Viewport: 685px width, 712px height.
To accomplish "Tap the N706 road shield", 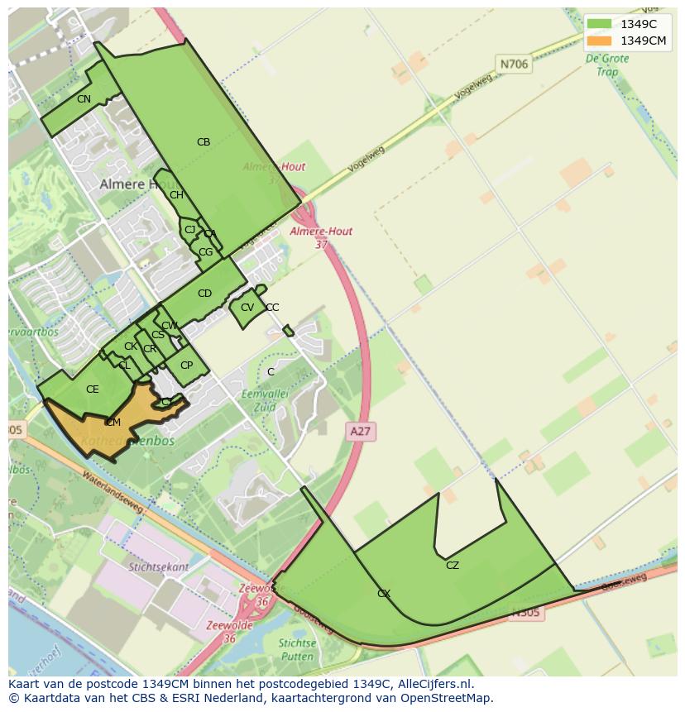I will coord(514,64).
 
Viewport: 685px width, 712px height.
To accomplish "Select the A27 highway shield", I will coord(360,431).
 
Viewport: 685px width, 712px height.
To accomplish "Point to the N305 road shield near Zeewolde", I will coord(525,613).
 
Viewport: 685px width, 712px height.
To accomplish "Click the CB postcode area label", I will coord(204,142).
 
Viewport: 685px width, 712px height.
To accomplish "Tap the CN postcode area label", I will coord(84,99).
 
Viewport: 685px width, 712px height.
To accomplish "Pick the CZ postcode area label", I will coord(452,566).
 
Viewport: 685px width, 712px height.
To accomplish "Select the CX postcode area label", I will coord(384,594).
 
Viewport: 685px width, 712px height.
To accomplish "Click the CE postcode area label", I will coord(92,389).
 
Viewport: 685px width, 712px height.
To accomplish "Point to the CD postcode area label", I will coord(204,294).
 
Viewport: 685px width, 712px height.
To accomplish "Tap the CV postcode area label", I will coord(247,308).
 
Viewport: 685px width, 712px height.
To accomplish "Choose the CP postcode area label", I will coord(186,366).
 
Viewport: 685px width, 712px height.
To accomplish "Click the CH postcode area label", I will coord(176,195).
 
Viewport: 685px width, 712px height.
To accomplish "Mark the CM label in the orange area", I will coord(113,423).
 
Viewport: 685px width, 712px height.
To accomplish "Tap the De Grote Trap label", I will coord(601,65).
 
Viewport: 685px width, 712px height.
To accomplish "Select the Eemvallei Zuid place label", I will coord(264,401).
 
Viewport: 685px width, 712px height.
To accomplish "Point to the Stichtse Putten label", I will coord(297,649).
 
